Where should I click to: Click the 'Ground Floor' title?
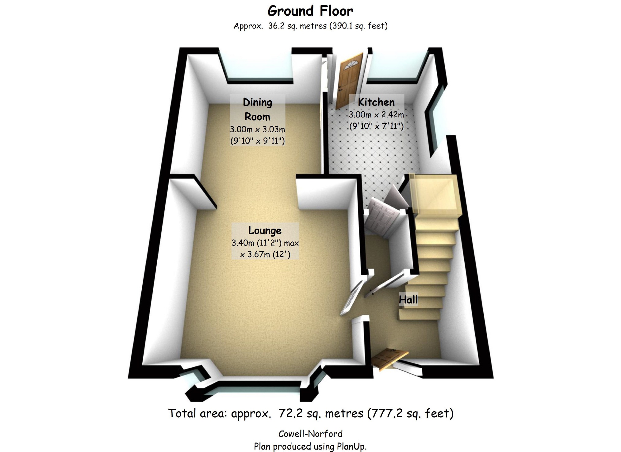point(310,11)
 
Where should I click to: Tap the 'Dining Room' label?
point(258,110)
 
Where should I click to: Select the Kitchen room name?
point(376,102)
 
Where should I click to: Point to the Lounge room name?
point(265,230)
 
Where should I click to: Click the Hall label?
point(408,299)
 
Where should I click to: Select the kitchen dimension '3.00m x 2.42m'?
point(376,115)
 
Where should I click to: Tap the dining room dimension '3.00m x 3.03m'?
point(258,129)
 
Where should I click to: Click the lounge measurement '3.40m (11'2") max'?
point(265,243)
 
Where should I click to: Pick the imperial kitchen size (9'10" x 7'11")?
point(376,126)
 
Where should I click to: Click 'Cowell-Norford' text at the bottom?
point(310,434)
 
